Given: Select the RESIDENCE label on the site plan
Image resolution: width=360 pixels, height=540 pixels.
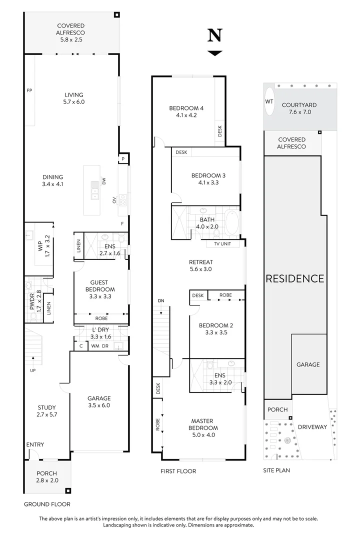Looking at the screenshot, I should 294,278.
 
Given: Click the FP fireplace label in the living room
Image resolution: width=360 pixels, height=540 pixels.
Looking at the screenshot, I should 29,90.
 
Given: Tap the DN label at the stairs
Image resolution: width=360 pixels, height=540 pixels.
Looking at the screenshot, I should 160,301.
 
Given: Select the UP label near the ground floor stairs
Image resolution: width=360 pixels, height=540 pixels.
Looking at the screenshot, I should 33,370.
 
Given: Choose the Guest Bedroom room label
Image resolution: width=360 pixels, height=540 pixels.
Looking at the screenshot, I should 102,289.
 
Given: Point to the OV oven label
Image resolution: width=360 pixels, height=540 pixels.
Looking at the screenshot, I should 114,199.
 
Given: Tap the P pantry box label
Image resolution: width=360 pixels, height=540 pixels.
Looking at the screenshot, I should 122,159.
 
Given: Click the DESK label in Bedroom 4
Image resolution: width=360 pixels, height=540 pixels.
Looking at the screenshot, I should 220,130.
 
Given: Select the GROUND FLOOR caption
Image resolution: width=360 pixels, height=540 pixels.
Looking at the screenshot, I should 47,504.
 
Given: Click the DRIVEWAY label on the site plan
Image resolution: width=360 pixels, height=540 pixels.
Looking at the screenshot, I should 312,427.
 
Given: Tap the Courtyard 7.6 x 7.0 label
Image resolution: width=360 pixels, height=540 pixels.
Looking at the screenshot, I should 299,108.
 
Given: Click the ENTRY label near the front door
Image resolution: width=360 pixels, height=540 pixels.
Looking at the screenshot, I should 35,444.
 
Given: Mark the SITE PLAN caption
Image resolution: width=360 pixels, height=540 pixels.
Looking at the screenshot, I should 276,470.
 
